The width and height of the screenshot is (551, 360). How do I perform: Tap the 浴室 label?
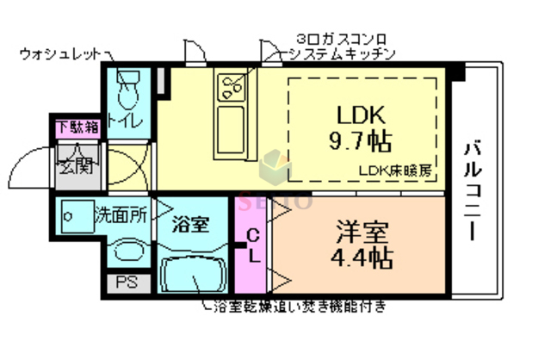point(189,226)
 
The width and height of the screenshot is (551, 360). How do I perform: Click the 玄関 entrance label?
point(74,166)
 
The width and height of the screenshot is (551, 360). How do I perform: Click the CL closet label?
point(253,245)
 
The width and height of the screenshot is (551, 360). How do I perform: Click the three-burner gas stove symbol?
point(231,86)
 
